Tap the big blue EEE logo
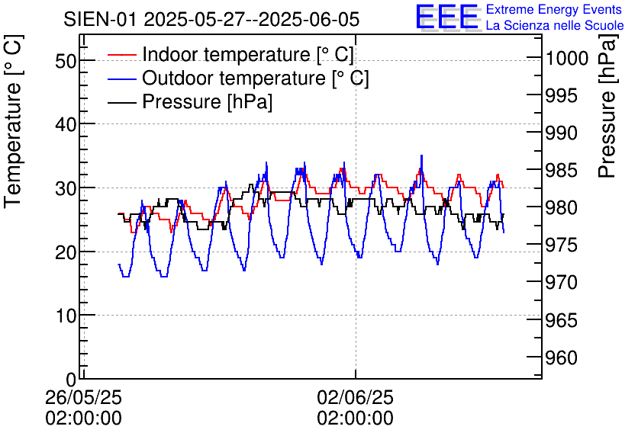pos(447,17)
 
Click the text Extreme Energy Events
pos(555,10)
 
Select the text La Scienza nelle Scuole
pos(555,26)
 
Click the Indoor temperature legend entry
pos(248,55)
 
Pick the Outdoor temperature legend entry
pos(256,79)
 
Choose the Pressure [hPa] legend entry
pos(207,102)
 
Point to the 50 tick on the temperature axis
pos(66,60)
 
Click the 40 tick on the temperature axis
pos(66,123)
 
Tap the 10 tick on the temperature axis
pos(66,315)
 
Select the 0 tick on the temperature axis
pos(71,379)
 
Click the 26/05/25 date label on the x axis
pos(84,397)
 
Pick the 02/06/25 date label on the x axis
pos(356,397)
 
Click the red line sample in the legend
pos(122,55)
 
